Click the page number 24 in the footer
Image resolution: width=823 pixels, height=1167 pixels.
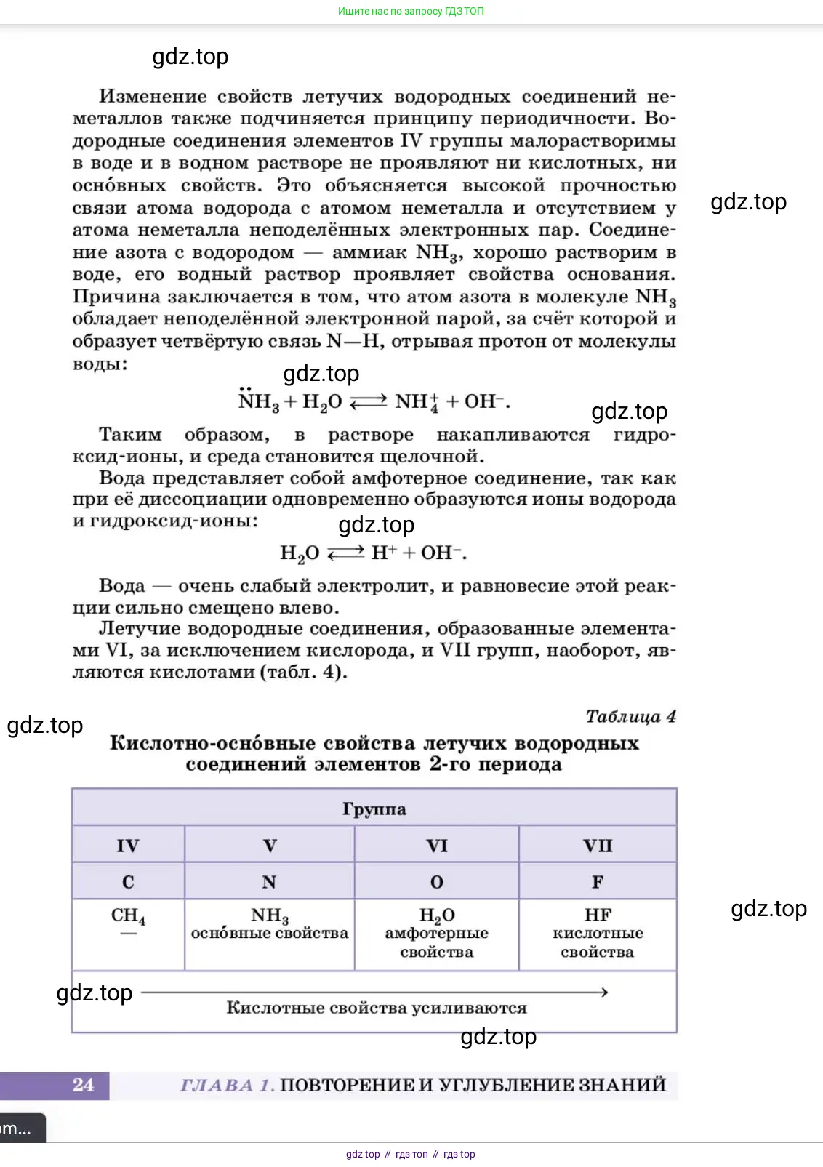[x=84, y=1085]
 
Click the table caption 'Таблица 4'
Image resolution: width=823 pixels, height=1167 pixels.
[x=630, y=716]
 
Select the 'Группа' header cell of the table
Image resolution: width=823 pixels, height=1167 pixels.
[x=374, y=809]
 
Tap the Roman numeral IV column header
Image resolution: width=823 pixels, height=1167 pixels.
[x=128, y=846]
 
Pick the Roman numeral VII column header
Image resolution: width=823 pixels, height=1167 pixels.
[x=598, y=846]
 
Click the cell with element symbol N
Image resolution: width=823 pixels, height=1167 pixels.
[x=269, y=882]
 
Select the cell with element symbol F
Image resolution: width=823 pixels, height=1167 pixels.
[x=598, y=882]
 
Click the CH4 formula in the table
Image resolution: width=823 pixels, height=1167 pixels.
[x=128, y=915]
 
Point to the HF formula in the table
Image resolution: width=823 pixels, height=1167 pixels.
[x=598, y=915]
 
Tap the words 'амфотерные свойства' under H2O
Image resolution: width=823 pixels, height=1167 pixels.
[x=436, y=942]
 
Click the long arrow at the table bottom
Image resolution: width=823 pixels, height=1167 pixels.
[x=374, y=992]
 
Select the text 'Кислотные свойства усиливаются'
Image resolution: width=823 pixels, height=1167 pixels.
[x=376, y=1008]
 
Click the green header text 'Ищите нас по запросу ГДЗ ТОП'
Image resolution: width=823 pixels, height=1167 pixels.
[x=411, y=11]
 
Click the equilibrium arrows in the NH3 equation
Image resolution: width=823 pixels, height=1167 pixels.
[x=368, y=402]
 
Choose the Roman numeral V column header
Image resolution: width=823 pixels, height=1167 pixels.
[x=269, y=846]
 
